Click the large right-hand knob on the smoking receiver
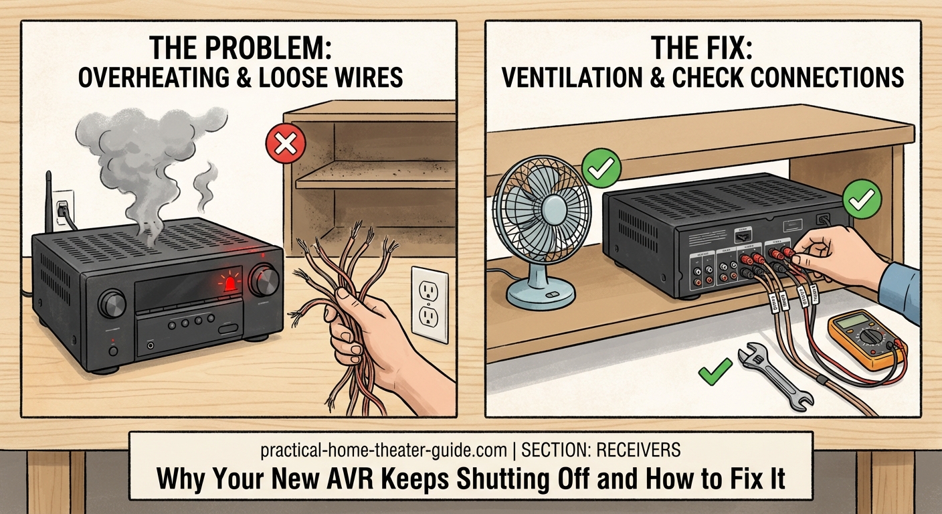pos(264,280)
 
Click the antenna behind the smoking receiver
pos(49,200)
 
